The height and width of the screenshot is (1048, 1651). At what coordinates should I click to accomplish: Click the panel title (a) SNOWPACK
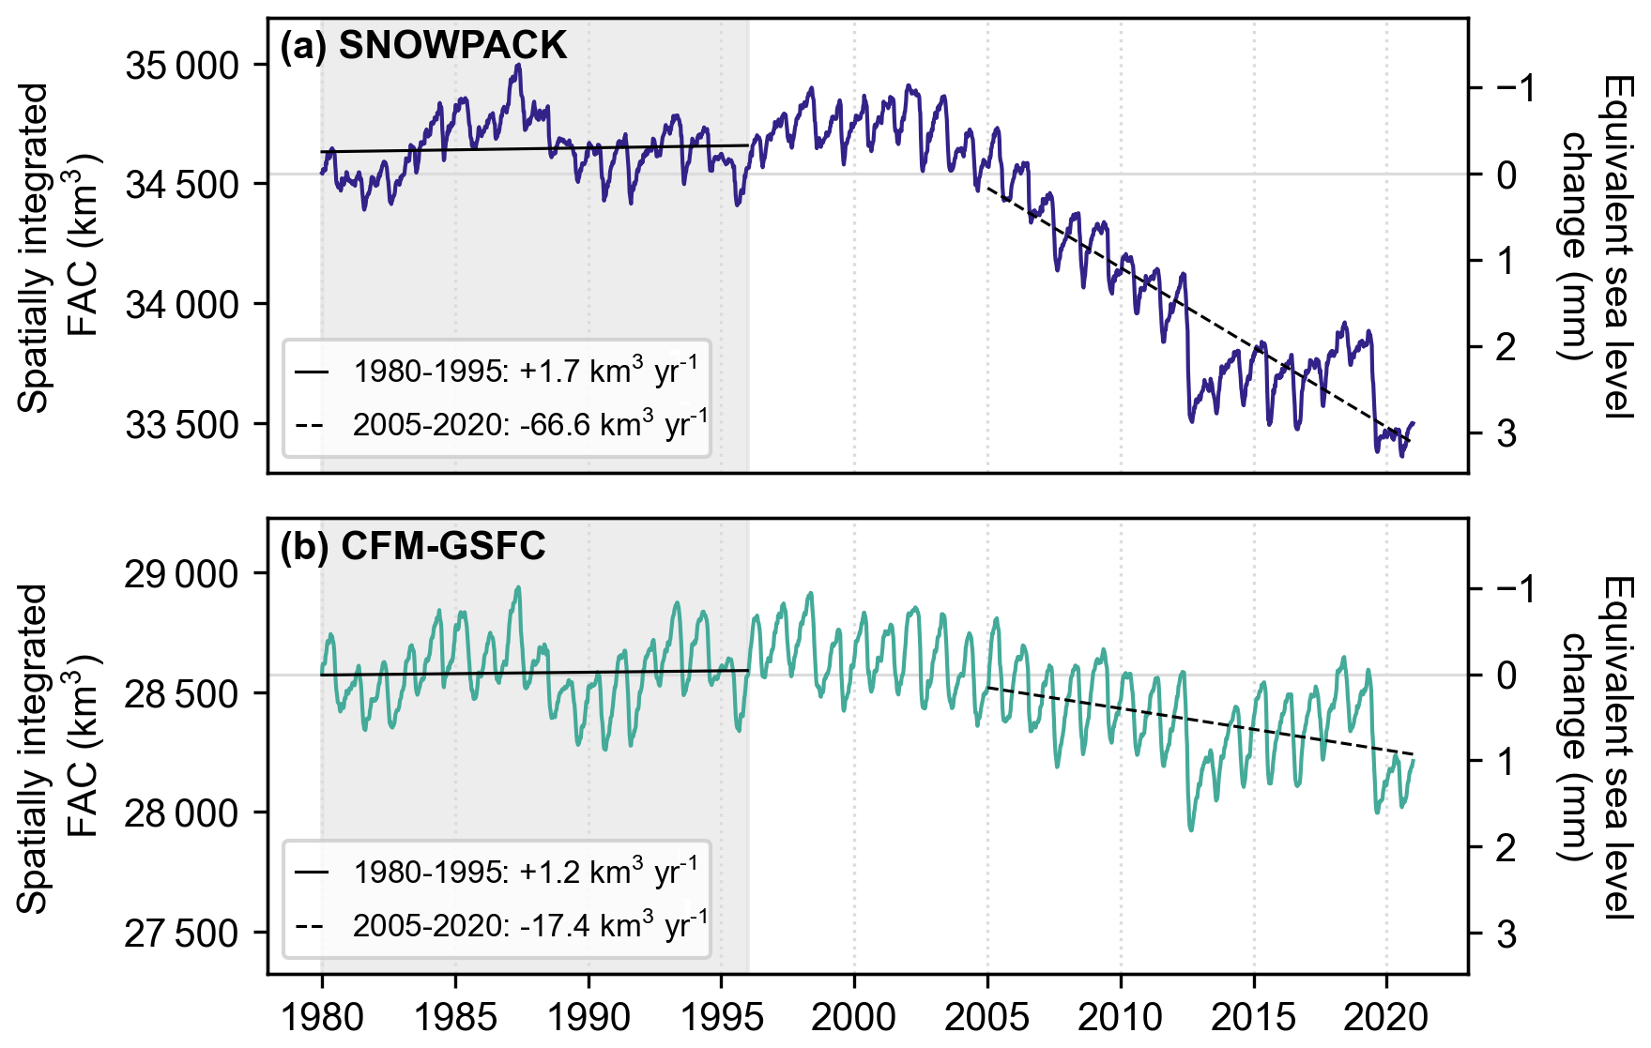pos(423,46)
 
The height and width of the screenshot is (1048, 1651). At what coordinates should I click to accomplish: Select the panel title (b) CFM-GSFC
pos(413,546)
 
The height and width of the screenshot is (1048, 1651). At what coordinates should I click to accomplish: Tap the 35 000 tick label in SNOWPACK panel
pos(182,67)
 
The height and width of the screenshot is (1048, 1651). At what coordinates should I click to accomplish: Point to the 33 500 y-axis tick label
pos(182,425)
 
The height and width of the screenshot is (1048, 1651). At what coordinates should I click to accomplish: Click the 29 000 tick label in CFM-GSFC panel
pos(182,574)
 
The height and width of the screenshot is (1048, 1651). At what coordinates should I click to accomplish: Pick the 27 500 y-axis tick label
pos(182,934)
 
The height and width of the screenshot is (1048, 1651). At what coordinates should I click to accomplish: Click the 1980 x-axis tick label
pos(322,1016)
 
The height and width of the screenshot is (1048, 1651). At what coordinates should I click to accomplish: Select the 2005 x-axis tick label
pos(987,1016)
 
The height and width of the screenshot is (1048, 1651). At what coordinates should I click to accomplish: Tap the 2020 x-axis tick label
pos(1387,1016)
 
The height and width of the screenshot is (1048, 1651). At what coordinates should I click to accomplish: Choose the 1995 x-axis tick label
pos(722,1016)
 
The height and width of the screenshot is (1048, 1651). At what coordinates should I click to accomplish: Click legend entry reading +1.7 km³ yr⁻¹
pos(525,371)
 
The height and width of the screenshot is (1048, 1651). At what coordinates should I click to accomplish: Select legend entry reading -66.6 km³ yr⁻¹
pos(529,424)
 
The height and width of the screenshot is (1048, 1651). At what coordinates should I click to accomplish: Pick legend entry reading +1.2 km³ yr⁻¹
pos(525,872)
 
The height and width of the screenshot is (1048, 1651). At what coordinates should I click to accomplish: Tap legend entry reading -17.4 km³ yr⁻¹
pos(529,925)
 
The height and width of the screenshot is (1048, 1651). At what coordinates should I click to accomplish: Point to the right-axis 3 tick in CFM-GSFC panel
pos(1506,934)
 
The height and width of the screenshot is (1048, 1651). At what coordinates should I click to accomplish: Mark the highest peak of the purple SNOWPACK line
pos(518,65)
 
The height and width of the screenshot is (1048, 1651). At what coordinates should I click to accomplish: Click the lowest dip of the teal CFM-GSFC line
pos(1191,829)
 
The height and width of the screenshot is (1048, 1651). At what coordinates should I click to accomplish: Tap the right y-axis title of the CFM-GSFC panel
pos(1596,747)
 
